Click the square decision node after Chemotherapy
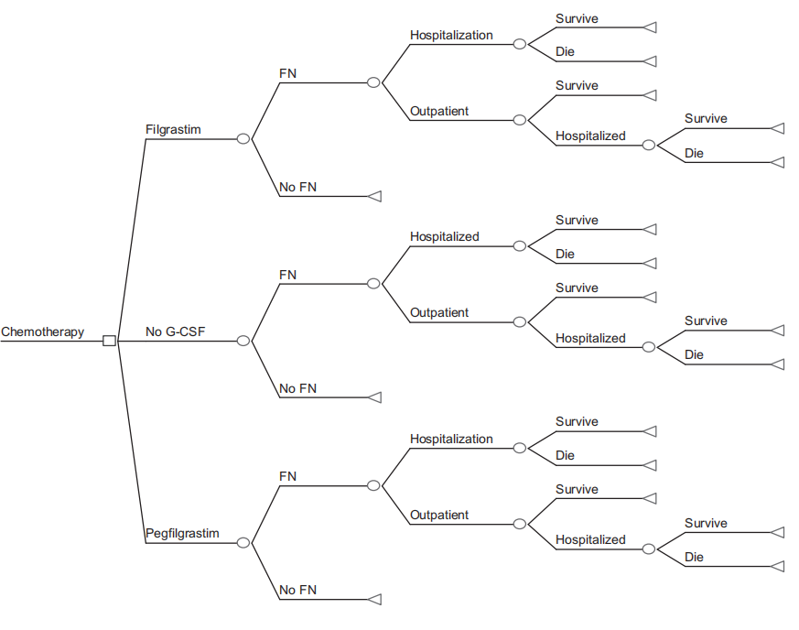click(x=109, y=341)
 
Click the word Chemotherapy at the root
click(x=42, y=331)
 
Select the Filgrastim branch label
click(x=173, y=129)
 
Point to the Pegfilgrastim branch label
click(x=182, y=533)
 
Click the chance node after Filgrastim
click(x=243, y=139)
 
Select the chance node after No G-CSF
click(x=243, y=341)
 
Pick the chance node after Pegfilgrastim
click(x=243, y=542)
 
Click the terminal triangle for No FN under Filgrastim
click(x=373, y=196)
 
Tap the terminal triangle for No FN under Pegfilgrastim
click(x=373, y=599)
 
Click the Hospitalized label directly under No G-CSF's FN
click(x=444, y=236)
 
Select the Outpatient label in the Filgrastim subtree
click(x=439, y=111)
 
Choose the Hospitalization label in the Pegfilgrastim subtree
click(x=451, y=439)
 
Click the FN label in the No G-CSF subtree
click(x=287, y=275)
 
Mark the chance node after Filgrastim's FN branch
click(x=373, y=82)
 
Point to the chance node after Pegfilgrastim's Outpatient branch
click(x=519, y=524)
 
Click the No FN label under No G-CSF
click(x=297, y=388)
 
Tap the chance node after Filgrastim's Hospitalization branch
click(x=519, y=44)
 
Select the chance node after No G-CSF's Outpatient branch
click(x=519, y=321)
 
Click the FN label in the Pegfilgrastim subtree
click(x=287, y=476)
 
